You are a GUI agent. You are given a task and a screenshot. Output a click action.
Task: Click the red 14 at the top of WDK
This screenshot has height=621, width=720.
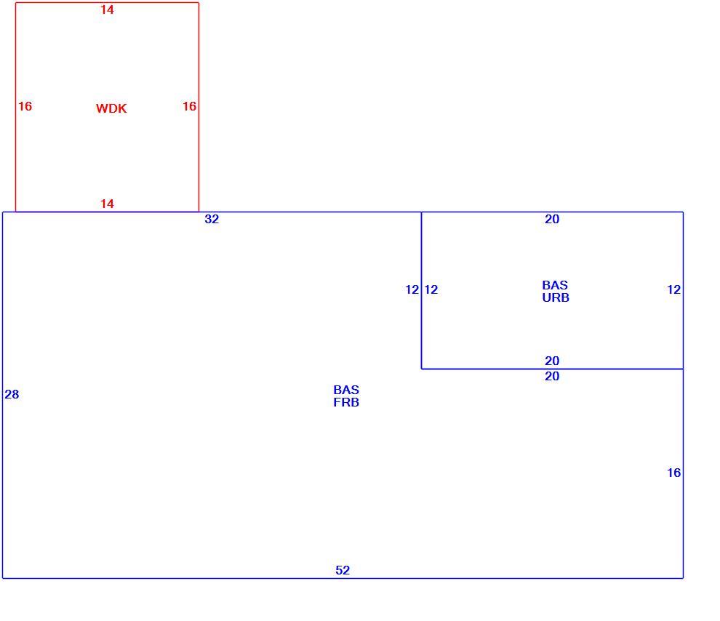point(107,9)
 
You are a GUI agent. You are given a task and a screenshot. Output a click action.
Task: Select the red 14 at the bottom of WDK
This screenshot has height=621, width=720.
point(107,204)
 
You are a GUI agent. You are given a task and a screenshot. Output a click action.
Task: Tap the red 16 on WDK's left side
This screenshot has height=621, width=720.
point(25,106)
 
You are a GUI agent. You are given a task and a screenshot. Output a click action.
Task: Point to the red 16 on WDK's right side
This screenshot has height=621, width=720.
point(189,106)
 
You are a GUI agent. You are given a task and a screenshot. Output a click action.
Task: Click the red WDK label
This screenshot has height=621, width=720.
point(111,108)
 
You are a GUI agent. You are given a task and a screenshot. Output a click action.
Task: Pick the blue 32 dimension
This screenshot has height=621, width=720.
point(212,220)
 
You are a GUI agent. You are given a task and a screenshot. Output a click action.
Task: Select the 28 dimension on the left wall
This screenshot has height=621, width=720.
point(12,394)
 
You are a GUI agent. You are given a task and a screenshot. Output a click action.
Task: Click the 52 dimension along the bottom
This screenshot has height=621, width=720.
point(343,570)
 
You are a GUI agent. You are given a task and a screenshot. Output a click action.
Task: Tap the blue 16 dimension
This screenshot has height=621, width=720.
point(673,473)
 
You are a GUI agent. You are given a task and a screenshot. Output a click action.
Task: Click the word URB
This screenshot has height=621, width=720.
point(556,298)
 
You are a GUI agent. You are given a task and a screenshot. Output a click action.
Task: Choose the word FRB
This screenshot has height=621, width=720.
point(346,403)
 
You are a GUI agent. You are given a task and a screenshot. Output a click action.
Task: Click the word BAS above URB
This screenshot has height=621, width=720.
point(555,286)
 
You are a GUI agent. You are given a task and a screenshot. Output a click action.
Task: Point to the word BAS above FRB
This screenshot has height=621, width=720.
point(346,390)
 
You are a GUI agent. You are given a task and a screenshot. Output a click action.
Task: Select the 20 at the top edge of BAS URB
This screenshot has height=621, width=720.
point(552,220)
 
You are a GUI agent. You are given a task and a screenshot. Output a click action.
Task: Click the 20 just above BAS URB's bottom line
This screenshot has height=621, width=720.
point(552,361)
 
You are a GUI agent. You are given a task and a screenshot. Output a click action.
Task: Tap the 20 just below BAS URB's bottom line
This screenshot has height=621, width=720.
point(552,377)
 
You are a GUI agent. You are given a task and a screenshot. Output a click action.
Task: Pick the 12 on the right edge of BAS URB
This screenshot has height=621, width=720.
point(673,289)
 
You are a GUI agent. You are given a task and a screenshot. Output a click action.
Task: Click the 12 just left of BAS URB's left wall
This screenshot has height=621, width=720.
point(412,289)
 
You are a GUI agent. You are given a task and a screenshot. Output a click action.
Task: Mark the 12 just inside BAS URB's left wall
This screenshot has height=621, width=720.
point(431,289)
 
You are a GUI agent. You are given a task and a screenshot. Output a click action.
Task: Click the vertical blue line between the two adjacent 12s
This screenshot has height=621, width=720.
point(422,290)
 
